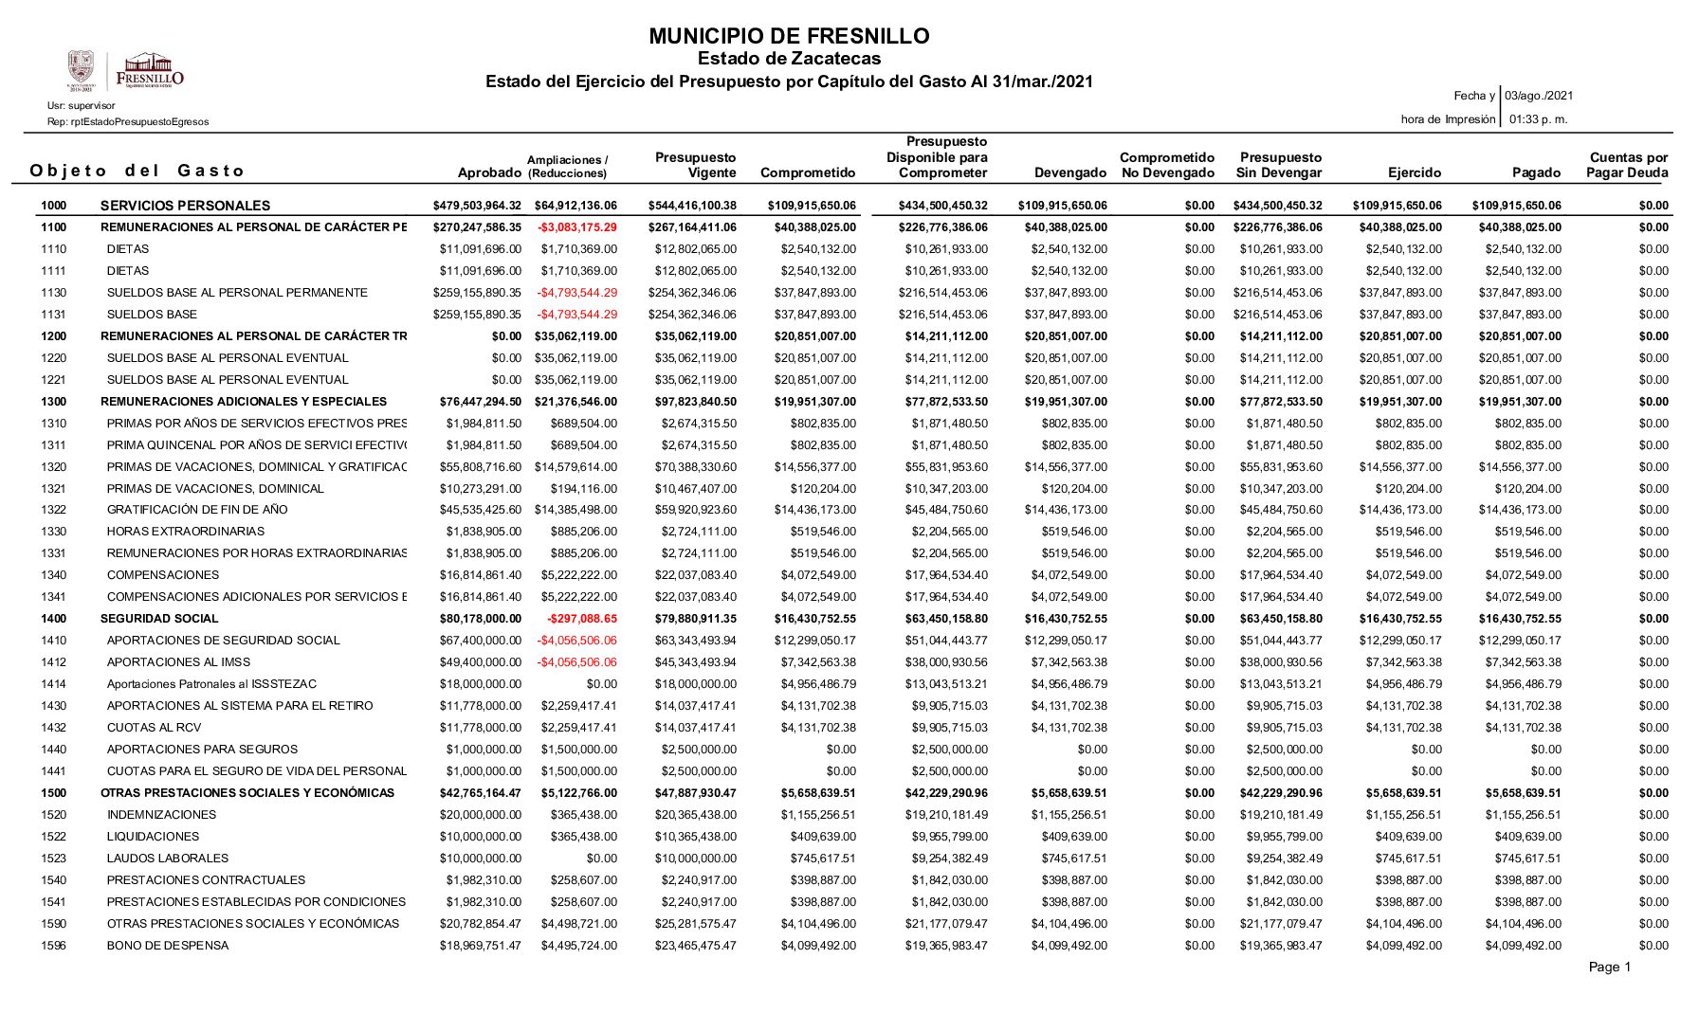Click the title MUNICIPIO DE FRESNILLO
pyautogui.click(x=789, y=37)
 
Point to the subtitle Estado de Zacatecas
pyautogui.click(x=789, y=60)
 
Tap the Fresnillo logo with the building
pyautogui.click(x=149, y=69)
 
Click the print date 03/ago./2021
pyautogui.click(x=1539, y=96)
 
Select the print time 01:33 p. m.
pyautogui.click(x=1538, y=119)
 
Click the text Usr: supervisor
pyautogui.click(x=82, y=105)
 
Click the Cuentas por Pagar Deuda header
pyautogui.click(x=1627, y=165)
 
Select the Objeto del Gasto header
pyautogui.click(x=137, y=171)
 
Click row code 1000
pyautogui.click(x=54, y=206)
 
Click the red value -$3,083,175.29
pyautogui.click(x=576, y=227)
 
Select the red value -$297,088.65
pyautogui.click(x=581, y=619)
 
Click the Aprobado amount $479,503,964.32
pyautogui.click(x=477, y=206)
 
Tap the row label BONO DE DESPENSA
pyautogui.click(x=168, y=946)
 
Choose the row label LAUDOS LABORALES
pyautogui.click(x=168, y=859)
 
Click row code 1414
pyautogui.click(x=54, y=684)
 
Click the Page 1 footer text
pyautogui.click(x=1610, y=968)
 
